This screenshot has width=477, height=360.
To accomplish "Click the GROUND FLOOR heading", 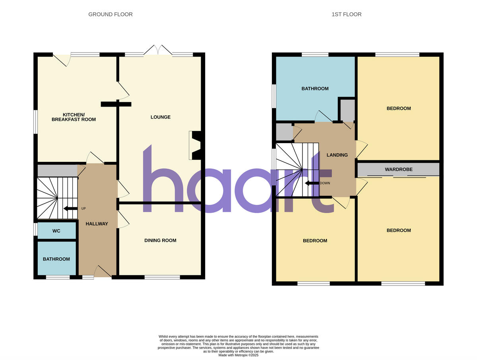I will coord(111,14).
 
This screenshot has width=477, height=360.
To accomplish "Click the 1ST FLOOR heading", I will coord(346,14).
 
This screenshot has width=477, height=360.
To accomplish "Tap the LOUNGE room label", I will coord(160,117).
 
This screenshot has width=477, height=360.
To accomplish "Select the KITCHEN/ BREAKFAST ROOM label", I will coord(74,117).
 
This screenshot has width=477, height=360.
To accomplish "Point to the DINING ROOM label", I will coord(160,240).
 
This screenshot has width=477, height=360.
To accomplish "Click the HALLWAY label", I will coord(97,224).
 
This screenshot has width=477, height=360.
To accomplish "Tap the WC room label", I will coord(56,231).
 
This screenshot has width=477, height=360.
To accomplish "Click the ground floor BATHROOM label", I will coord(56,259).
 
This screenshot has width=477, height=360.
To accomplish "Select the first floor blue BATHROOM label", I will coord(315,88).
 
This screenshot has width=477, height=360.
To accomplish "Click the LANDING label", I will coord(337,155).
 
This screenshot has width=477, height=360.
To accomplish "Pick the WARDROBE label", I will coord(398,169).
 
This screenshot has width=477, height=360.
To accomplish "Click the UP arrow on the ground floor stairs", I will coord(71,208).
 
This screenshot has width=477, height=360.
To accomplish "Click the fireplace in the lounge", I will coord(196,146).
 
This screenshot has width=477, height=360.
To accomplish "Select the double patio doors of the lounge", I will coord(158,51).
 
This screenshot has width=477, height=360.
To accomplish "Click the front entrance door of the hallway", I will coord(103,272).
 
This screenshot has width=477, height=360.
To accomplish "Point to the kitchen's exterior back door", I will coord(62,59).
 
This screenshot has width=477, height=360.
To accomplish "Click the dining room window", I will coord(162,277).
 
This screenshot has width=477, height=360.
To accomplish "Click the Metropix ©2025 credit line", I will coord(238,355).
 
